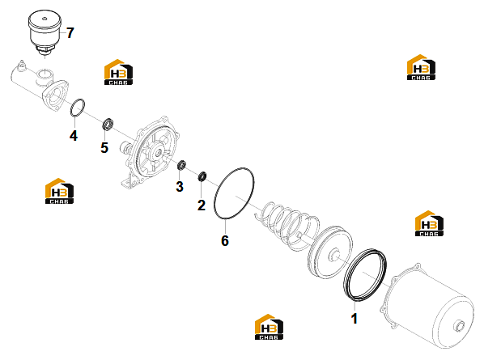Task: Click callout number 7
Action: [x=70, y=33]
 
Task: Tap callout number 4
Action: [x=74, y=136]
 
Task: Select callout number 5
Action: [x=104, y=147]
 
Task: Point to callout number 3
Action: [x=180, y=187]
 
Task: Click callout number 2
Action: [x=202, y=205]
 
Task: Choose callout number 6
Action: [x=225, y=241]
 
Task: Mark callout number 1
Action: [x=354, y=319]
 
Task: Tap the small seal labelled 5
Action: [x=108, y=125]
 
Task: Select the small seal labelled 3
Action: [x=182, y=164]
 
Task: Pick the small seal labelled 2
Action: [x=202, y=176]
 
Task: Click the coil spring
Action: [x=287, y=225]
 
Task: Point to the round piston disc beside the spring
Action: [x=331, y=252]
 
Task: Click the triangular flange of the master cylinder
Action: [x=56, y=95]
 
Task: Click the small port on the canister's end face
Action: [x=459, y=326]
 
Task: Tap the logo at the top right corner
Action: [x=421, y=67]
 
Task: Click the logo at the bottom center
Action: [x=269, y=327]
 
